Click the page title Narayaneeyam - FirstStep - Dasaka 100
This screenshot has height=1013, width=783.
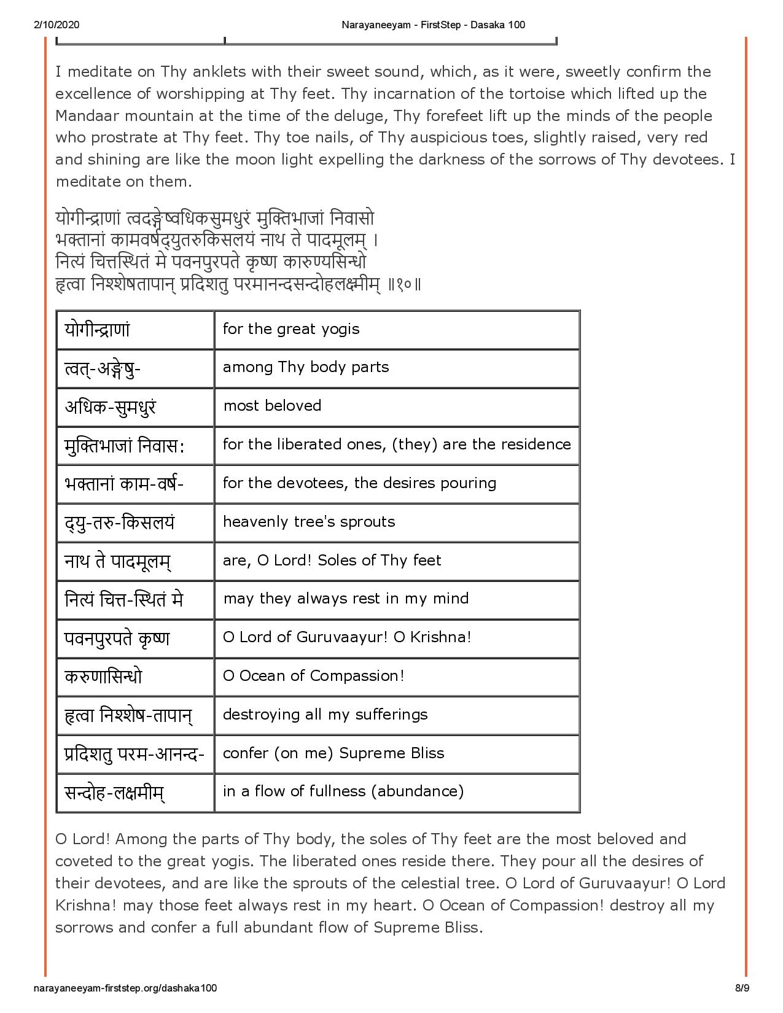point(432,25)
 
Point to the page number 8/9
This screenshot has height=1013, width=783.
point(742,988)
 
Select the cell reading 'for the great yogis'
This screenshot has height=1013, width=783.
point(291,329)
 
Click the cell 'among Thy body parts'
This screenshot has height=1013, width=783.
point(306,367)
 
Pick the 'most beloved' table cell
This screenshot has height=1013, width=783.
point(272,406)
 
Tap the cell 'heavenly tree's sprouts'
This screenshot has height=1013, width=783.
point(309,522)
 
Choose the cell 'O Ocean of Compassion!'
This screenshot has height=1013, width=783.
point(313,676)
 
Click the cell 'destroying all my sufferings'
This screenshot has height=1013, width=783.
point(325,715)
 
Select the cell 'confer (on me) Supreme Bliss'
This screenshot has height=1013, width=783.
point(333,753)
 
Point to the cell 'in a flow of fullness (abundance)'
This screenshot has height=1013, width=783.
point(343,791)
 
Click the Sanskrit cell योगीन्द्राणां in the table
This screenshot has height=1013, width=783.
point(97,330)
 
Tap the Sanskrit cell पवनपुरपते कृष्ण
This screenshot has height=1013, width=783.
point(117,638)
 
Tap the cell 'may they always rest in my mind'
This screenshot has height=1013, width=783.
point(346,599)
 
